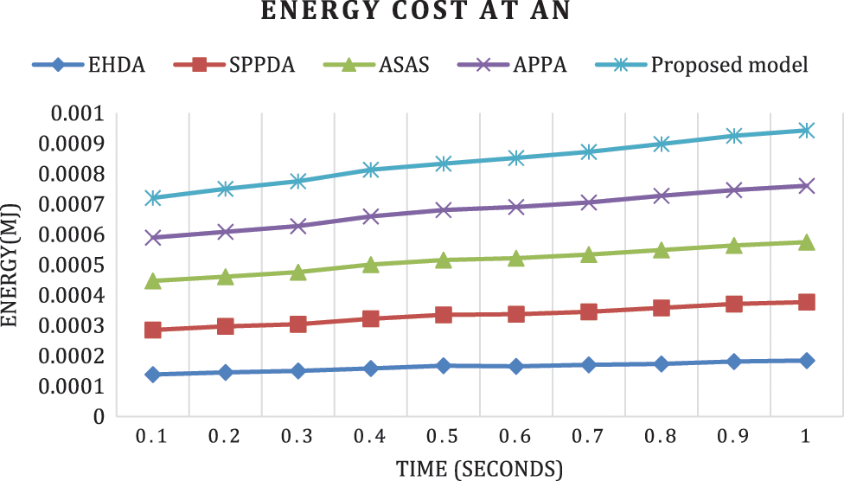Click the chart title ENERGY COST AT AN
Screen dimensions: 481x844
(x=421, y=15)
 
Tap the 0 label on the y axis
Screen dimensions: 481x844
(x=99, y=416)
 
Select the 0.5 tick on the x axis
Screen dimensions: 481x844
(x=444, y=439)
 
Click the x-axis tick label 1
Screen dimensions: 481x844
(x=806, y=439)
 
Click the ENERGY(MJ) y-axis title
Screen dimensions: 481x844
(x=12, y=265)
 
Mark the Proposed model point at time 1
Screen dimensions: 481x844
(x=806, y=131)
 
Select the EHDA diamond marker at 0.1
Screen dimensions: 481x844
(x=153, y=375)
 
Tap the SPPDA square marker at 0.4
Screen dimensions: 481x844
(x=371, y=319)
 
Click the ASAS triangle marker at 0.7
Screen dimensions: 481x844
(x=588, y=255)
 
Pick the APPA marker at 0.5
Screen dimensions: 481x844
(x=444, y=209)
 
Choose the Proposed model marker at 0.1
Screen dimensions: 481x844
(x=153, y=198)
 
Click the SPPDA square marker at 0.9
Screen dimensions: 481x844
(x=733, y=304)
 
